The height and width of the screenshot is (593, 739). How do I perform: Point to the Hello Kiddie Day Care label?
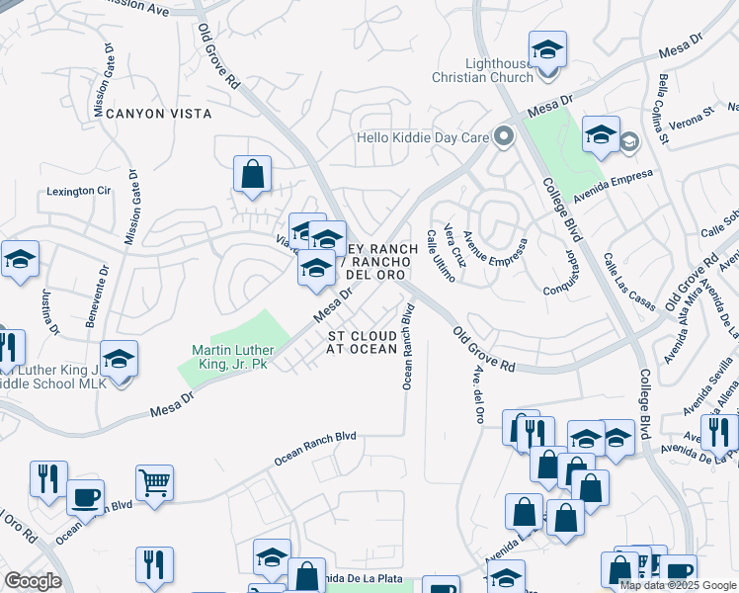423,137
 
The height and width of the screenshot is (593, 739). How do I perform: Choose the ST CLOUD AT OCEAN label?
363,342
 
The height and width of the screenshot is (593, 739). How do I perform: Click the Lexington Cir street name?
76,190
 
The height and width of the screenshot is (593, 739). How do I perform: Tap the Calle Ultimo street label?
440,256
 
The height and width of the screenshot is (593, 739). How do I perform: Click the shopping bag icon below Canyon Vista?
253,175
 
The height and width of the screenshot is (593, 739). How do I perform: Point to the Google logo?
33,581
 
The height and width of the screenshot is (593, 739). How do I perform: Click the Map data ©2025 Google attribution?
677,585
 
